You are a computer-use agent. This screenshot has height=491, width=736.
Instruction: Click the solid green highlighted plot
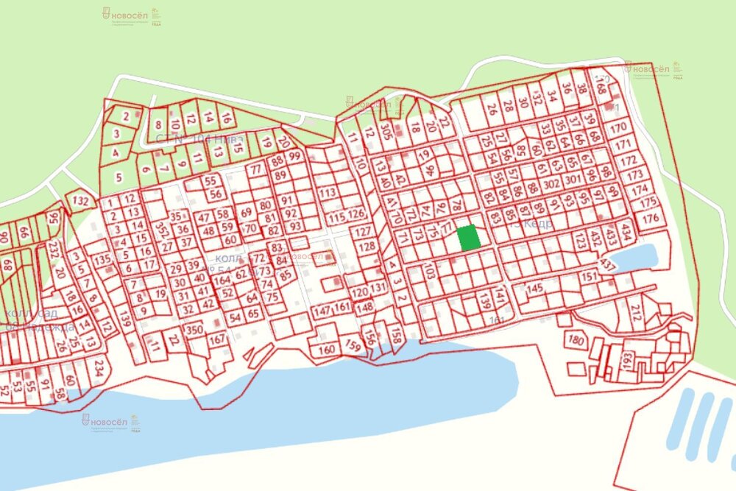click(x=469, y=238)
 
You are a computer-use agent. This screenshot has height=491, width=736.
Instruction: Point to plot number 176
click(x=650, y=219)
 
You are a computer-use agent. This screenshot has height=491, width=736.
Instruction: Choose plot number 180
click(x=576, y=341)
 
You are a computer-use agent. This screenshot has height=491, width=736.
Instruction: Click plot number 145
click(x=535, y=288)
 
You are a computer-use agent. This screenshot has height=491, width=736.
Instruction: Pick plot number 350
click(x=194, y=329)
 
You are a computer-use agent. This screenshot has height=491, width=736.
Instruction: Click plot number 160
click(x=327, y=349)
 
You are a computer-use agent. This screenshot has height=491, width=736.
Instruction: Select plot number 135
click(x=102, y=259)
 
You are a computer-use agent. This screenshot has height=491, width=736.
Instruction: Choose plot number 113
click(x=328, y=193)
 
